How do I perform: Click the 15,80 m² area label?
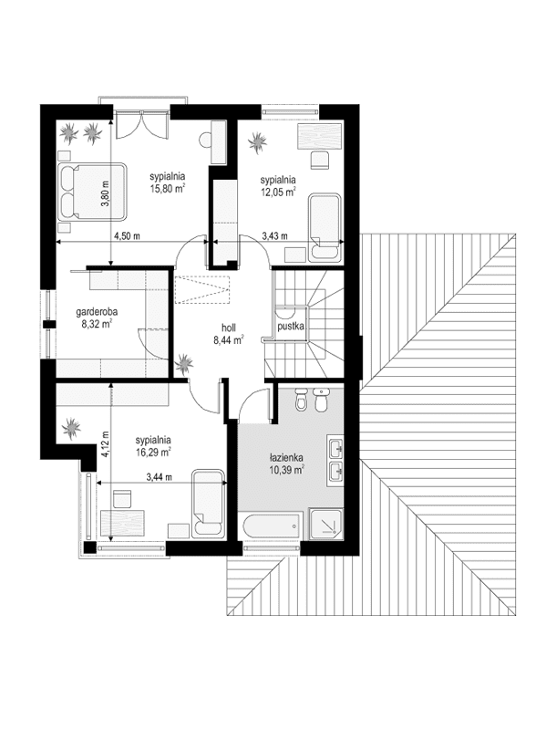168,188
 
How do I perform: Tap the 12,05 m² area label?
278,192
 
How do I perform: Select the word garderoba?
97,312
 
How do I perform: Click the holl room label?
229,328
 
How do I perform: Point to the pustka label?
291,327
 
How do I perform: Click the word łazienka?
286,457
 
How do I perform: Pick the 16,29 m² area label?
153,452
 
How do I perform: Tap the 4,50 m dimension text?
128,236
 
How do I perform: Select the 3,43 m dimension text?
274,236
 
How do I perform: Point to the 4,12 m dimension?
106,445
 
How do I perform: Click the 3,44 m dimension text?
159,476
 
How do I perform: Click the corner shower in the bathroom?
326,525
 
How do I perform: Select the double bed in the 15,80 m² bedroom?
92,191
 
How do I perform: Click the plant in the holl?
184,363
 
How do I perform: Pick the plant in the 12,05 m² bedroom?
257,141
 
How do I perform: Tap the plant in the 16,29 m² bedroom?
71,427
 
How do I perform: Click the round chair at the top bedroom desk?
205,140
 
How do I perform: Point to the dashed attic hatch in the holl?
202,289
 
